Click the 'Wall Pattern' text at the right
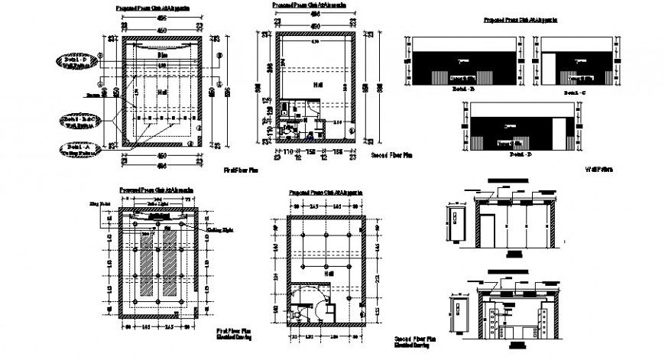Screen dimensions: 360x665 click(x=600, y=169)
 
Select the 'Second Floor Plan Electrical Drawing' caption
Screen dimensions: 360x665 click(x=414, y=340)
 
